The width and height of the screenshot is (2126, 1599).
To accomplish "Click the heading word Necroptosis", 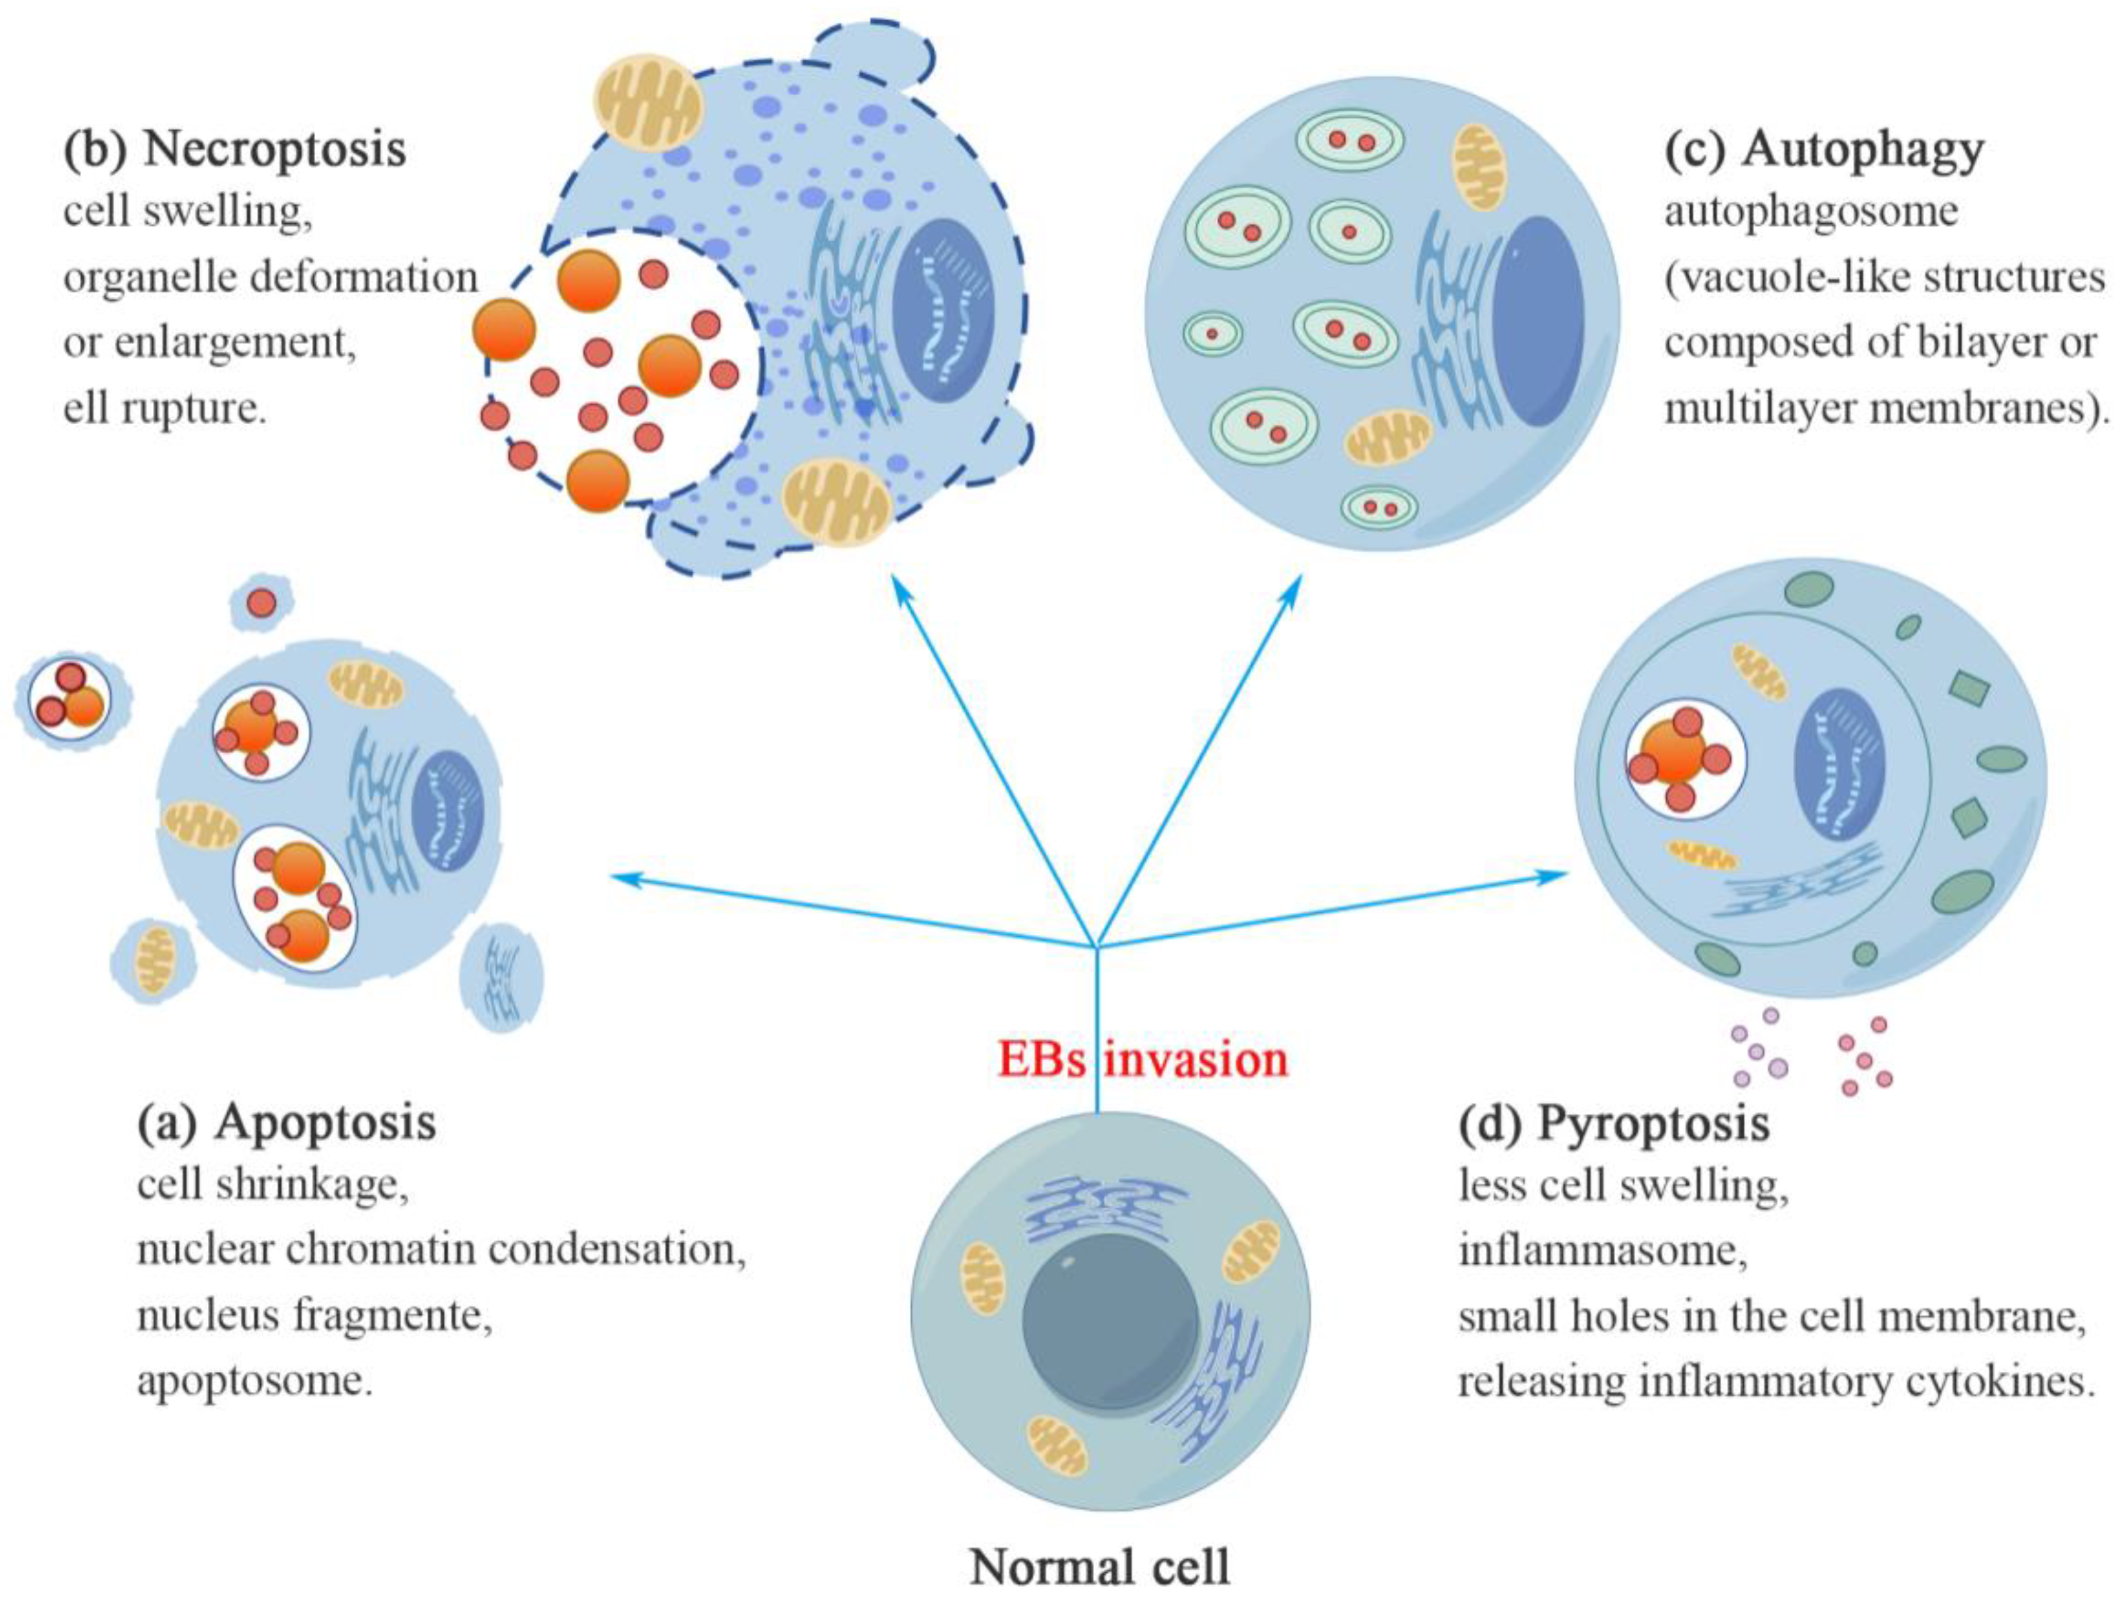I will (274, 151).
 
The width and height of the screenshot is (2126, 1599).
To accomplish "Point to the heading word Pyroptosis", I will (1653, 1123).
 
